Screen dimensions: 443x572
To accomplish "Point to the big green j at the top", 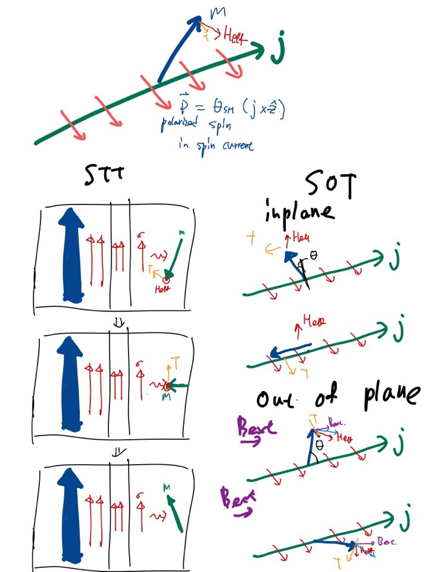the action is coord(277,52).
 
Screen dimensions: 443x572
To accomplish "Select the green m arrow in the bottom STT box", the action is coord(174,511).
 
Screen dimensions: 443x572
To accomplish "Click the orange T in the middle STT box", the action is coord(176,361).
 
